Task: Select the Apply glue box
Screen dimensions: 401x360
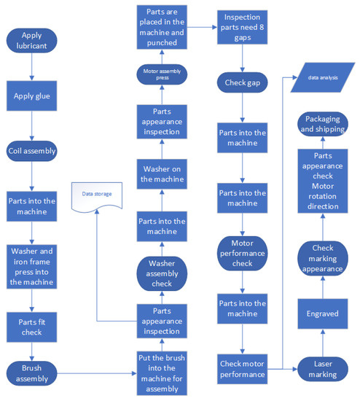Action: pos(31,96)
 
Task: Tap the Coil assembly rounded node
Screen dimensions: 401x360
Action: pos(31,152)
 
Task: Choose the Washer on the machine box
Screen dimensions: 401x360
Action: pos(163,174)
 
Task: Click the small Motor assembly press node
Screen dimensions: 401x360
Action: pos(163,73)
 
